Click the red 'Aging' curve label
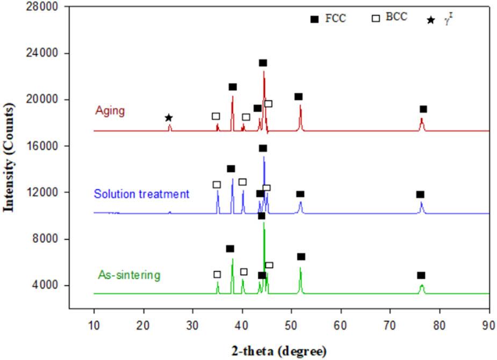click(x=110, y=111)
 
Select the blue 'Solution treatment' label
click(x=141, y=193)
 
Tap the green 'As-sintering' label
click(x=129, y=276)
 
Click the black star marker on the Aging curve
click(x=169, y=118)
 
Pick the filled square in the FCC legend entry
click(x=314, y=19)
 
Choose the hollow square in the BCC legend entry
click(x=377, y=18)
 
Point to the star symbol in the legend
click(x=431, y=20)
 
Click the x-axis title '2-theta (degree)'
click(x=279, y=352)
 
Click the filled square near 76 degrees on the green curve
click(x=421, y=276)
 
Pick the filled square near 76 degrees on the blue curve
click(x=420, y=195)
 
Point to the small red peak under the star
click(x=170, y=127)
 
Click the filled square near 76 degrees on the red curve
click(x=423, y=109)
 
